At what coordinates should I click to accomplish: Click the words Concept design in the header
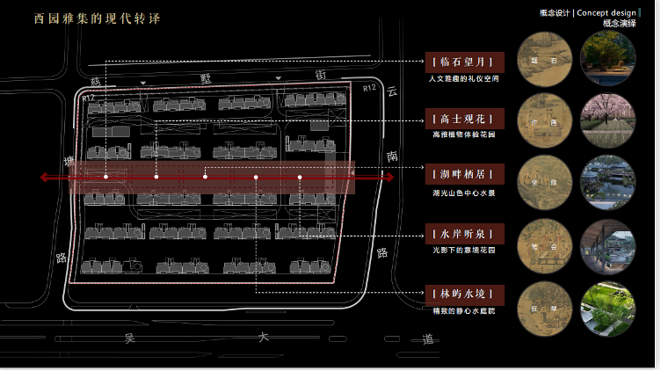click(x=607, y=12)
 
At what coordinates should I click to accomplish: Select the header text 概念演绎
click(x=620, y=24)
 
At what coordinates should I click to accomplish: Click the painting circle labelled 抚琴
click(x=541, y=308)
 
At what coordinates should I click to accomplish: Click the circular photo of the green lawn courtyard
click(x=605, y=308)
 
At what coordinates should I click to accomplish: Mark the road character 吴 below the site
click(x=129, y=337)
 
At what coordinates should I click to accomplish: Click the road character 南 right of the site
click(x=391, y=155)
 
